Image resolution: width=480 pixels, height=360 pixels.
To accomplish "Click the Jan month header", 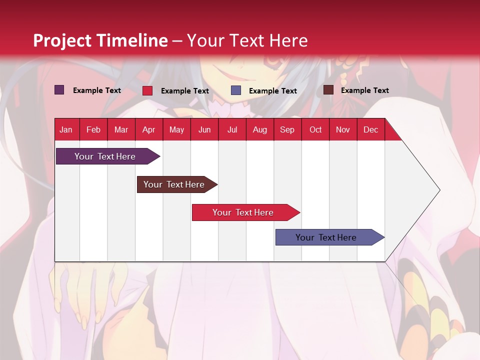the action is (66, 130).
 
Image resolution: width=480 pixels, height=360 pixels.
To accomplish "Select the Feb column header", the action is (93, 130).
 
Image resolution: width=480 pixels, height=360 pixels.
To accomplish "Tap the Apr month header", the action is (149, 130).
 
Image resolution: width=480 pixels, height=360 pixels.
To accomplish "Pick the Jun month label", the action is (204, 130).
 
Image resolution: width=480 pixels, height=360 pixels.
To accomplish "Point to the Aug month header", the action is (260, 130).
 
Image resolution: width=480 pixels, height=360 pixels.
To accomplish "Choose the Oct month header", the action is (315, 130).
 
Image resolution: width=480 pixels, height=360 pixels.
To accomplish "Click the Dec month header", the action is (370, 130).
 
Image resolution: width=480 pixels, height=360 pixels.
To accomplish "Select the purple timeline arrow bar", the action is (108, 156).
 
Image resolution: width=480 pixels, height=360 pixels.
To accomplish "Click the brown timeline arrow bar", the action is (177, 184).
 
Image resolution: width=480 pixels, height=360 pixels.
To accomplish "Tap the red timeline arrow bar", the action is (246, 212).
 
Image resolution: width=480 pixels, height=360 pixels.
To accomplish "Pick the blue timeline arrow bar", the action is (330, 237).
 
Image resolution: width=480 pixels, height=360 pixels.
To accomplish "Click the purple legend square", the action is (59, 90).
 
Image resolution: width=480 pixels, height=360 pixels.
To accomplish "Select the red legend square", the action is (147, 90).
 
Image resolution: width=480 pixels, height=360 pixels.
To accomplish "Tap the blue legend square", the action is (236, 90).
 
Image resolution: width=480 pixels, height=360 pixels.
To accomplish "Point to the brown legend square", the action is (328, 90).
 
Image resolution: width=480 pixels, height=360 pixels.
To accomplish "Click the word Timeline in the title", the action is (133, 40).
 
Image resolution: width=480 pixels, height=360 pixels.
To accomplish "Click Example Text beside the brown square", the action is (365, 90).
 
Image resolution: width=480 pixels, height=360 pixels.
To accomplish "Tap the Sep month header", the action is (287, 130).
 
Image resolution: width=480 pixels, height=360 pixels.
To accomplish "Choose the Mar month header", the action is (121, 130).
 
